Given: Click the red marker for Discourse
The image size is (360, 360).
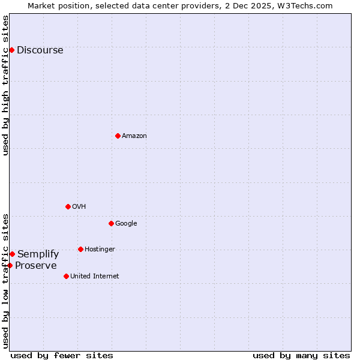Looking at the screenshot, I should [11, 50].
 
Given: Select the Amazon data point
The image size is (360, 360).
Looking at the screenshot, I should [118, 136].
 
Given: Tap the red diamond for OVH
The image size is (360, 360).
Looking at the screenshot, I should [68, 206].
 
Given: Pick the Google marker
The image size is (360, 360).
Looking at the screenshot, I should [111, 223].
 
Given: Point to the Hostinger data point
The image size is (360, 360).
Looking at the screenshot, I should [80, 249].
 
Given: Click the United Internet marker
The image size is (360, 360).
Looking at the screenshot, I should [66, 276].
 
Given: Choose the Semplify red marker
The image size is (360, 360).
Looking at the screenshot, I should [12, 254].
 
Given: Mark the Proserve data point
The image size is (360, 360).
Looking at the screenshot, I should [10, 265].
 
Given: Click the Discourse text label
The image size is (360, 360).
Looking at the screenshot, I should [40, 50].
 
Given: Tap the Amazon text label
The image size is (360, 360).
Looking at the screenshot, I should [134, 136].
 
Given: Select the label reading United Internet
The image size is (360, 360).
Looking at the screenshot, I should [95, 277].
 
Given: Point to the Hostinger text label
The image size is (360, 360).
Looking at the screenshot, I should [100, 250].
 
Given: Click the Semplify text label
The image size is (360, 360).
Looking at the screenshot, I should [38, 254].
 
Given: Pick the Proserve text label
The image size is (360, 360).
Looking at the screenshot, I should [36, 266].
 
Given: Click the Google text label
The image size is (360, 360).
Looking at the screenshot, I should [126, 224].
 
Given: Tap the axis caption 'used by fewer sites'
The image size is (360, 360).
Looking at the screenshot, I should [62, 355].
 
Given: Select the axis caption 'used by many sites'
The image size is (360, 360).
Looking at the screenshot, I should [301, 355].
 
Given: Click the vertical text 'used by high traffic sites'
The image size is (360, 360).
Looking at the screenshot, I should [5, 85].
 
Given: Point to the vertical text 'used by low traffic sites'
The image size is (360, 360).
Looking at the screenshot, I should [5, 280].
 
